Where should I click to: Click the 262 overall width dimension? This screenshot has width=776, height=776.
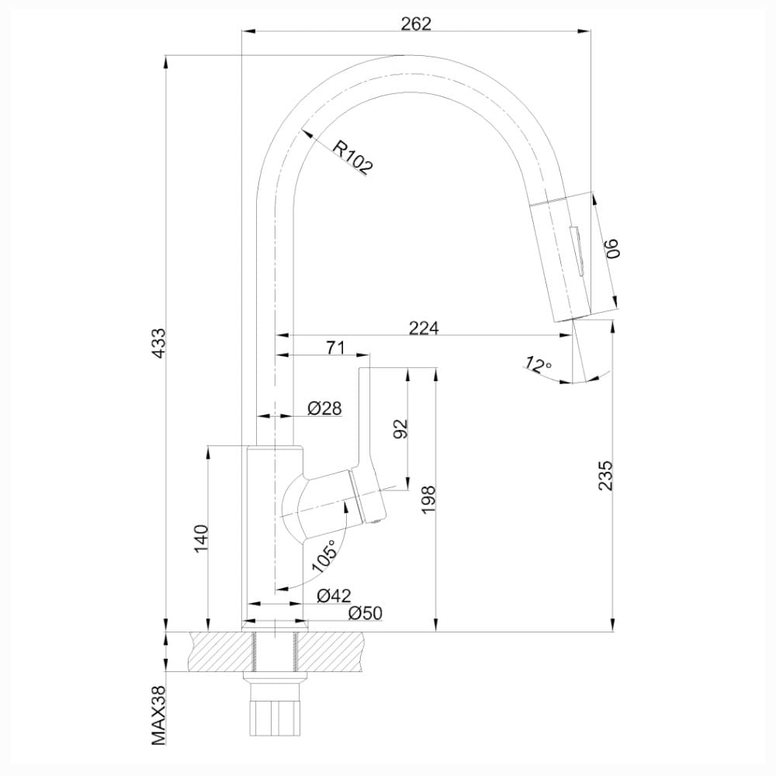coord(416,24)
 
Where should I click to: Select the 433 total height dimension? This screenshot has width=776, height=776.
coord(159,343)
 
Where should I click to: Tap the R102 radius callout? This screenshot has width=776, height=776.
coord(352,158)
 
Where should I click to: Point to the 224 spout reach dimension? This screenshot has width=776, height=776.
coord(424,327)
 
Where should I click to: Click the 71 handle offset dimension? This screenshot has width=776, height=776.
coord(335,348)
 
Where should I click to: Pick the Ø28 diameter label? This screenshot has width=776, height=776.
coord(324,408)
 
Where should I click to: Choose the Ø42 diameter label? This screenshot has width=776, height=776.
coord(334,595)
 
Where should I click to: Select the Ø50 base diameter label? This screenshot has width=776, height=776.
coord(365,613)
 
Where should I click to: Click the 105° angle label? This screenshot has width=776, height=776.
coord(324,556)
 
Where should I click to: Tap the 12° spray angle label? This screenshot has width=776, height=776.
coord(538,365)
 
